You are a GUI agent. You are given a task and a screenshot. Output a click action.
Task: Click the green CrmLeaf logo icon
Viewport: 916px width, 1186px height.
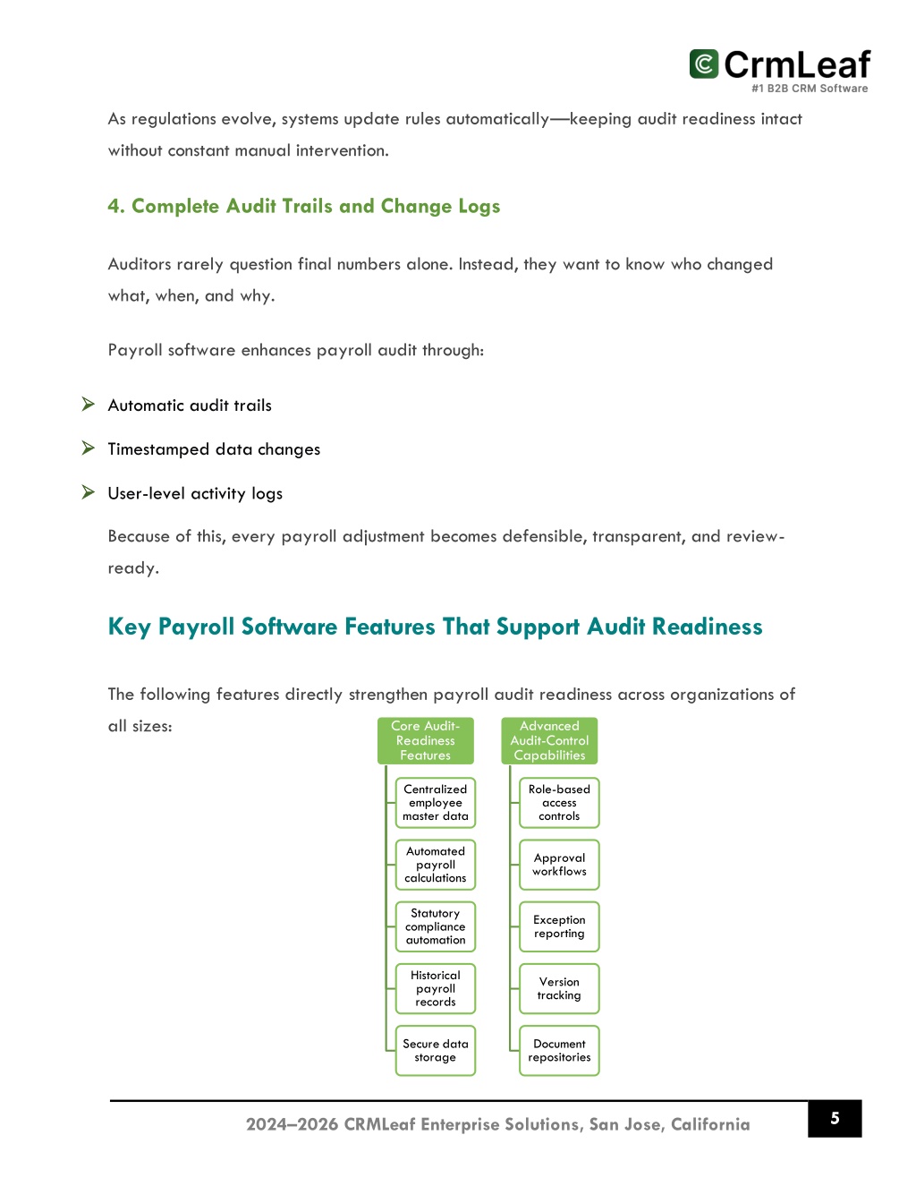704,64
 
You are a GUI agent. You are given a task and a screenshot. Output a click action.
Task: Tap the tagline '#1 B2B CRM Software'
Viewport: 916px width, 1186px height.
810,89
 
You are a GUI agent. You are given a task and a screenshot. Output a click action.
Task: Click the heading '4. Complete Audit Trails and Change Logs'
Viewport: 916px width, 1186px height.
303,207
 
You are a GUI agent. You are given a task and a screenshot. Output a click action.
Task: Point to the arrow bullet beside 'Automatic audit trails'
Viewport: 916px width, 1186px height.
89,405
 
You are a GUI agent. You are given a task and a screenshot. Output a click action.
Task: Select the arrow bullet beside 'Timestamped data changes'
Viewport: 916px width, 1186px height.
89,448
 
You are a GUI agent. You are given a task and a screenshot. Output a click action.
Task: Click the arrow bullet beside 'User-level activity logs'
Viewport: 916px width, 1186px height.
89,492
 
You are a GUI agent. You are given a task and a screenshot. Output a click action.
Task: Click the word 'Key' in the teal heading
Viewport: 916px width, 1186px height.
129,627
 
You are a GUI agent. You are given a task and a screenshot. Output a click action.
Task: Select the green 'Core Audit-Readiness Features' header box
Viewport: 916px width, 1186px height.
426,741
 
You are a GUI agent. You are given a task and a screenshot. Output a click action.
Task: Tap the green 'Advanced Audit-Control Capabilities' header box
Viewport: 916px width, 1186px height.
549,741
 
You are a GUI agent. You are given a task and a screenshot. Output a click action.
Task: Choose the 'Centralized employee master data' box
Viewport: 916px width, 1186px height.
436,803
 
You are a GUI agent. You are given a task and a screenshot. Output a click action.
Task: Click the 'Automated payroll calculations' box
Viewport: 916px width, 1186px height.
436,865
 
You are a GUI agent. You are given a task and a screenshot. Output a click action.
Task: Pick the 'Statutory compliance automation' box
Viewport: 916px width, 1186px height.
436,926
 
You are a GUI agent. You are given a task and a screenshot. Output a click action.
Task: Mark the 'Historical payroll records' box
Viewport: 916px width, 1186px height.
436,988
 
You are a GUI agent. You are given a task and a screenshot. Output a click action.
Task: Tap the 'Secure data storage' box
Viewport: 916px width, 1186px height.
436,1051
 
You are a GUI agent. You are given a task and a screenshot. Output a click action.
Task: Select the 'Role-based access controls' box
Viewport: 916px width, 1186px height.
559,803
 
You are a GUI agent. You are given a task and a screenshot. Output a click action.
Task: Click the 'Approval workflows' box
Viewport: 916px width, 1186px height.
559,865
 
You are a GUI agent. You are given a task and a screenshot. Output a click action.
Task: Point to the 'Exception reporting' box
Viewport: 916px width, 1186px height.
559,926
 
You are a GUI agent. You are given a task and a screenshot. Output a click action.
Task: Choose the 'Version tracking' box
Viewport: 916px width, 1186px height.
559,988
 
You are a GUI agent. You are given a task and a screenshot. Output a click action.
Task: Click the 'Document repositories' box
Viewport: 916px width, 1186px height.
559,1051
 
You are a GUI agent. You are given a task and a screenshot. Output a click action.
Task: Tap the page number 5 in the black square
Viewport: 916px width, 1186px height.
835,1118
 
